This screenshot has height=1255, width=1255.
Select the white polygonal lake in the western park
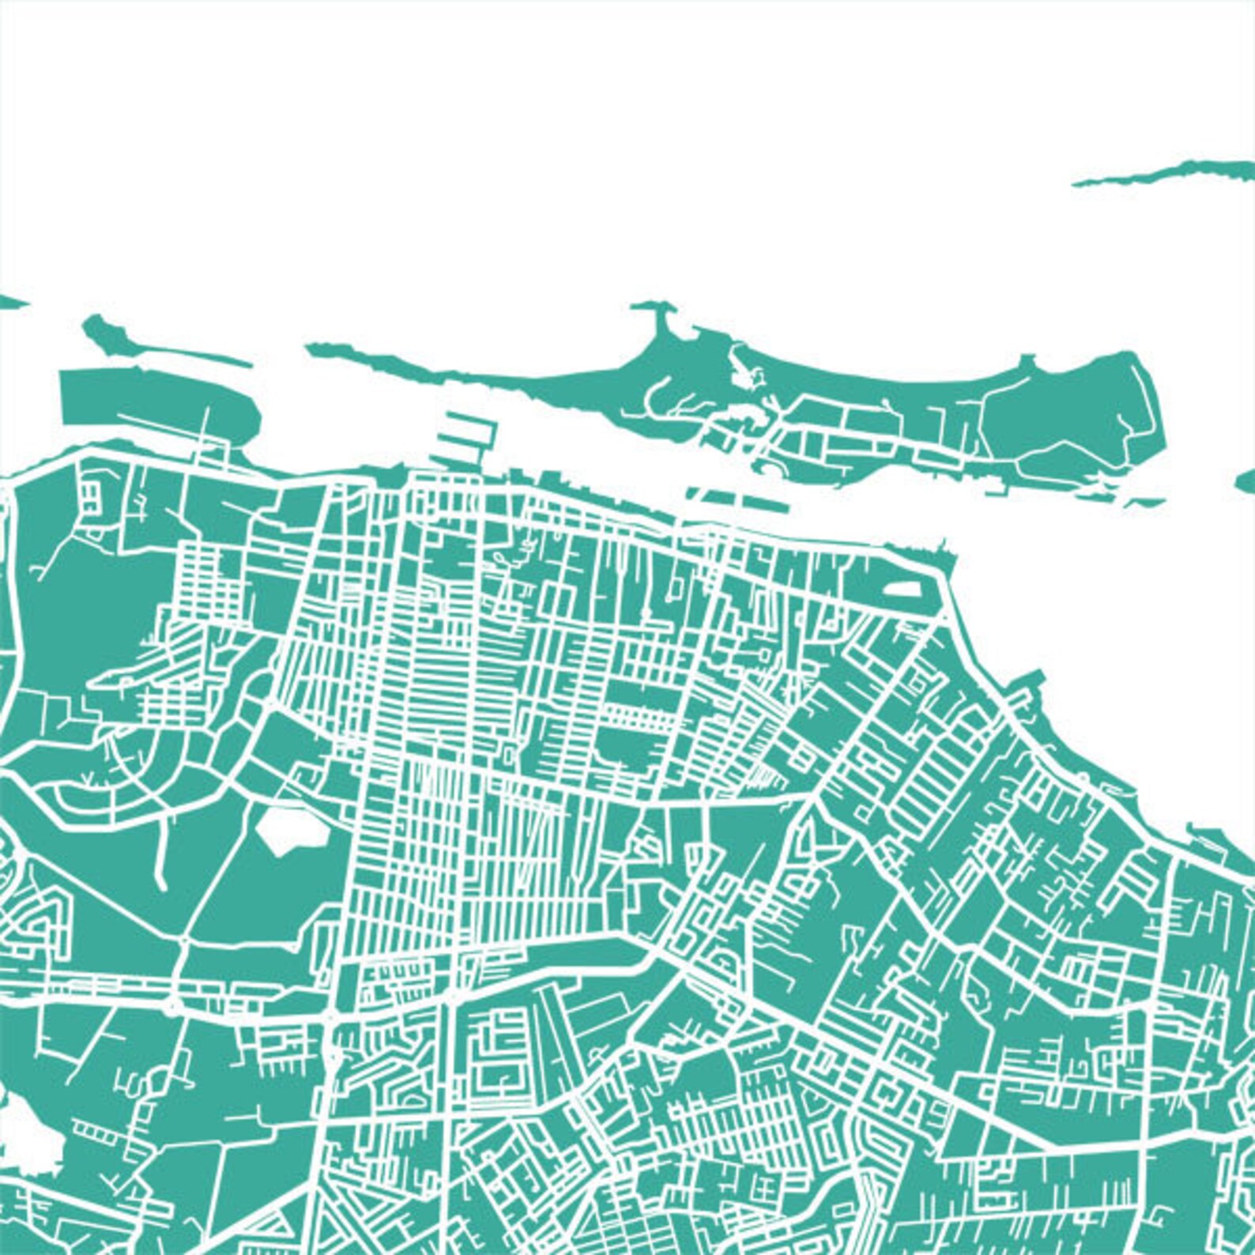click(x=289, y=829)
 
